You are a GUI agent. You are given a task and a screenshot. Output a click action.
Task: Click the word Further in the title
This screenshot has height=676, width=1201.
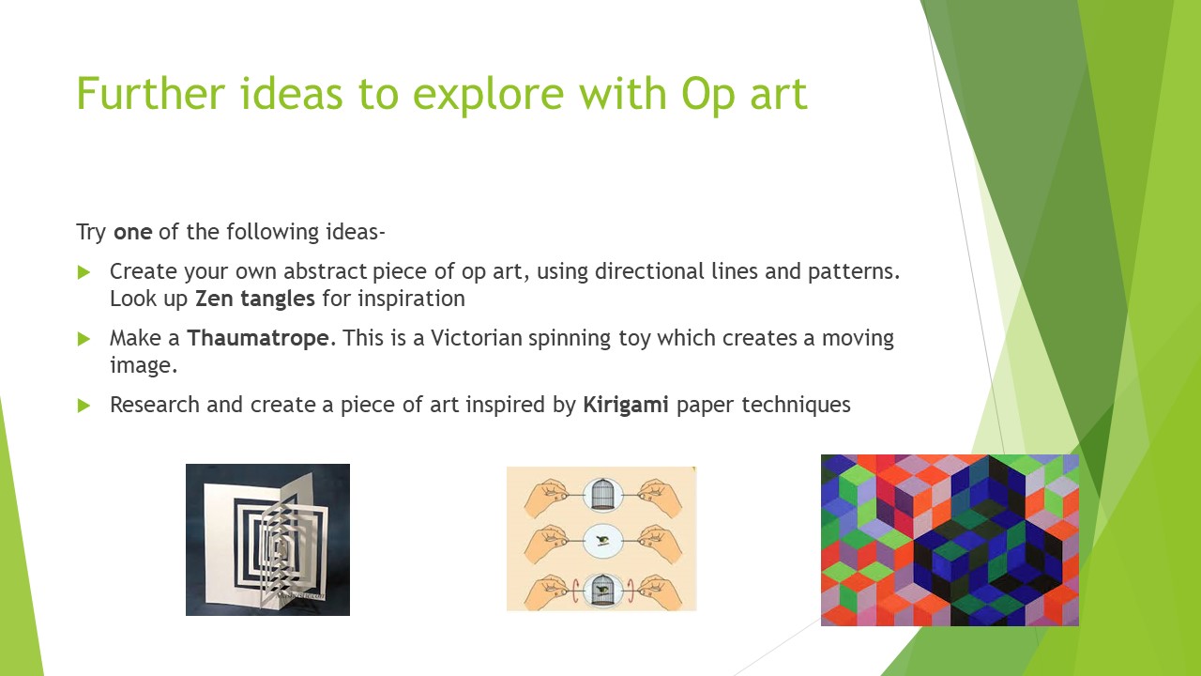tap(151, 93)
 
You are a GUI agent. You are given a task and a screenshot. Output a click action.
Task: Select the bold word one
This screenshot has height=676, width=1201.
tap(133, 232)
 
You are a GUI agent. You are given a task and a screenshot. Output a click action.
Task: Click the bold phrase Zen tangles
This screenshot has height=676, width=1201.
tap(254, 299)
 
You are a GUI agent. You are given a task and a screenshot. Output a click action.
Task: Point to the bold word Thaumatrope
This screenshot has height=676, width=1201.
tap(258, 339)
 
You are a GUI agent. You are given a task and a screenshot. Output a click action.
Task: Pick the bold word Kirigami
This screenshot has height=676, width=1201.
tap(626, 405)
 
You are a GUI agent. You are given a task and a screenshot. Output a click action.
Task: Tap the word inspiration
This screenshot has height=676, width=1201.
tap(411, 299)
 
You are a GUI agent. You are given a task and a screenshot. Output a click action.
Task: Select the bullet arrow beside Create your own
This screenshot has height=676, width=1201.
tap(84, 272)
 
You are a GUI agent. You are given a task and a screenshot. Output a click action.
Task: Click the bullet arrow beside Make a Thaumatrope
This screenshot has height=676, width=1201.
tap(84, 339)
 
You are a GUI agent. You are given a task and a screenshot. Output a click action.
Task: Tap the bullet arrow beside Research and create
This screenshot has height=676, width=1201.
tap(84, 406)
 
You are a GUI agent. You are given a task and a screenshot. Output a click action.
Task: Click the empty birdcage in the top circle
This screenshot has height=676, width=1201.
tap(602, 494)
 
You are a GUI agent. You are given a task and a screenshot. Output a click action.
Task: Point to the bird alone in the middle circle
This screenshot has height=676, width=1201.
tap(603, 541)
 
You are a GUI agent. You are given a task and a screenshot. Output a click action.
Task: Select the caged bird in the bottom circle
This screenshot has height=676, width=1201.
tap(602, 591)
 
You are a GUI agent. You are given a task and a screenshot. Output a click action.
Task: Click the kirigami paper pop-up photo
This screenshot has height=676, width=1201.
tap(267, 540)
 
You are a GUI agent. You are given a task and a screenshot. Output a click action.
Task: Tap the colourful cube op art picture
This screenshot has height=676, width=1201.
tap(950, 540)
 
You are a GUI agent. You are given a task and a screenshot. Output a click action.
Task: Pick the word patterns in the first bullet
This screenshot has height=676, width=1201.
tap(854, 272)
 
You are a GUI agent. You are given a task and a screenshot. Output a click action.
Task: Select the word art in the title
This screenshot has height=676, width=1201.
tap(779, 95)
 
